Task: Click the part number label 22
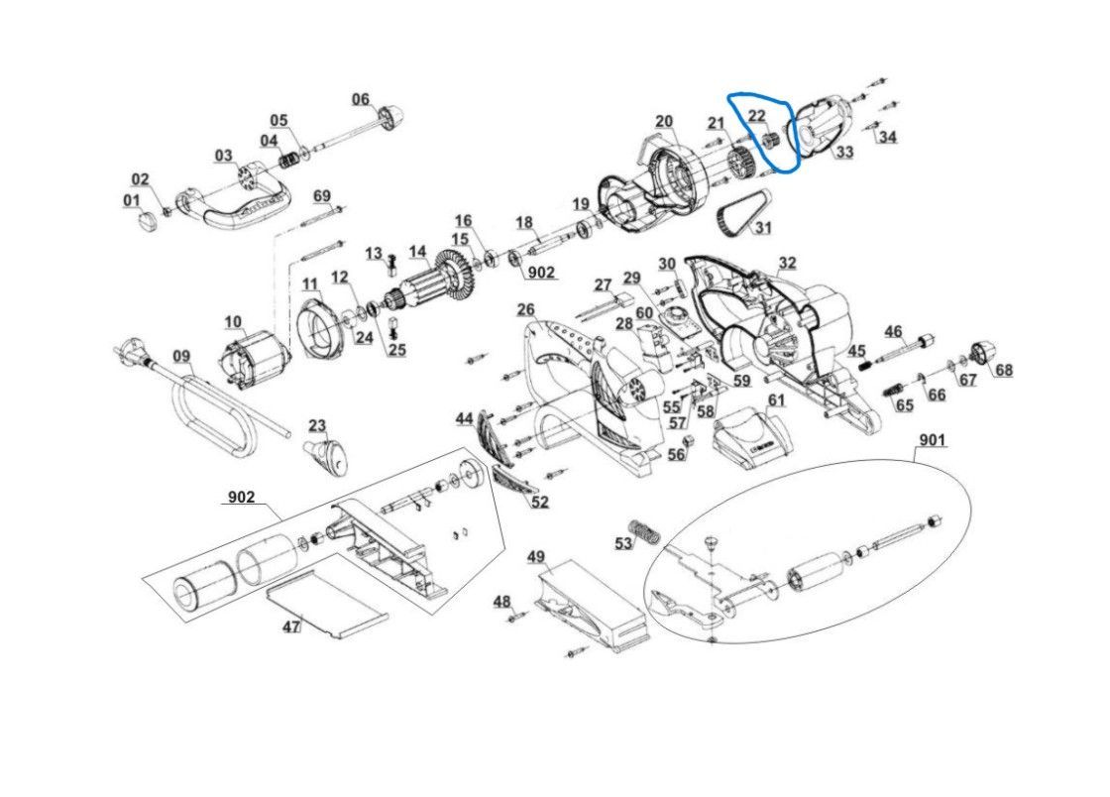click(x=757, y=116)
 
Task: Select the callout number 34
click(x=887, y=137)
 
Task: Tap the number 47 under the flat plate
click(x=291, y=626)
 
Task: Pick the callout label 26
click(x=525, y=310)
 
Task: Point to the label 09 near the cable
click(x=181, y=356)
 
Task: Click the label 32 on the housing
click(x=787, y=263)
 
